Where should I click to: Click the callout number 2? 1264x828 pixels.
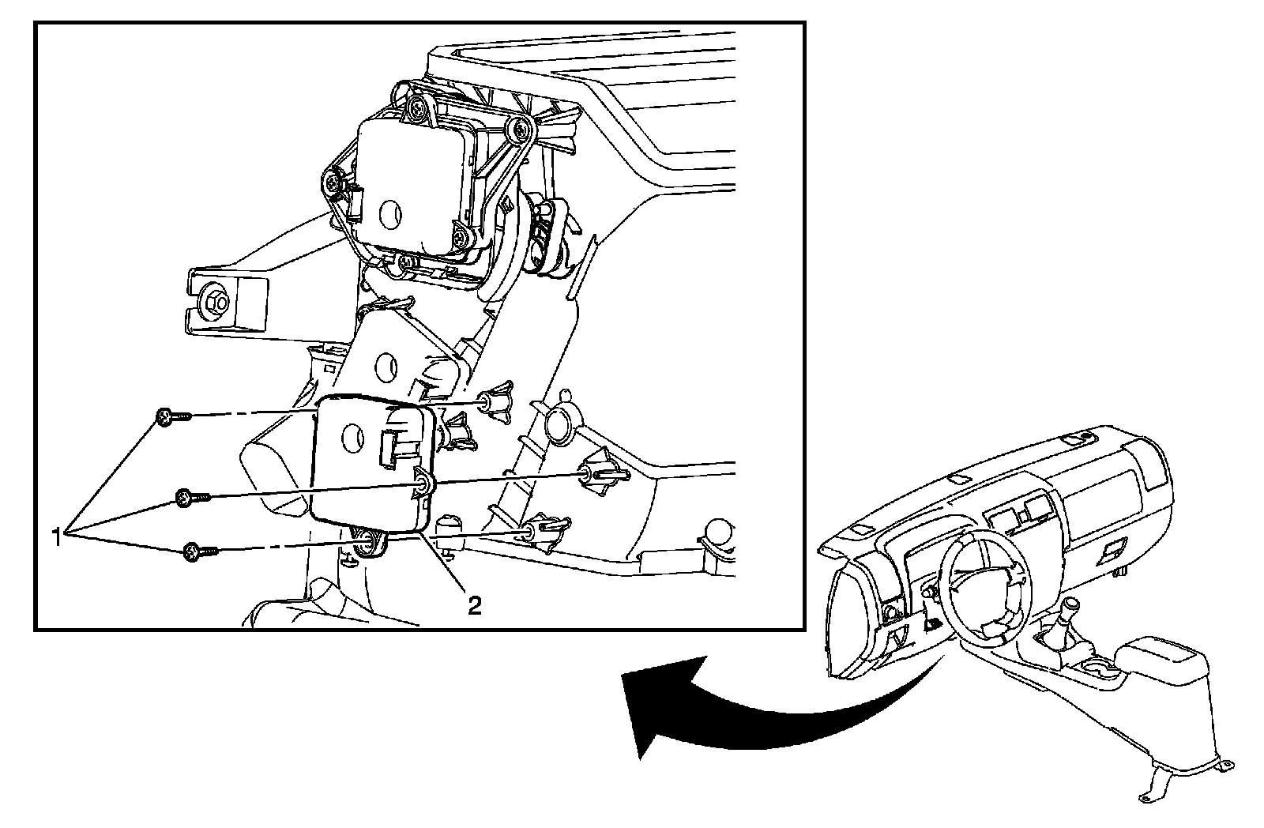click(473, 605)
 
